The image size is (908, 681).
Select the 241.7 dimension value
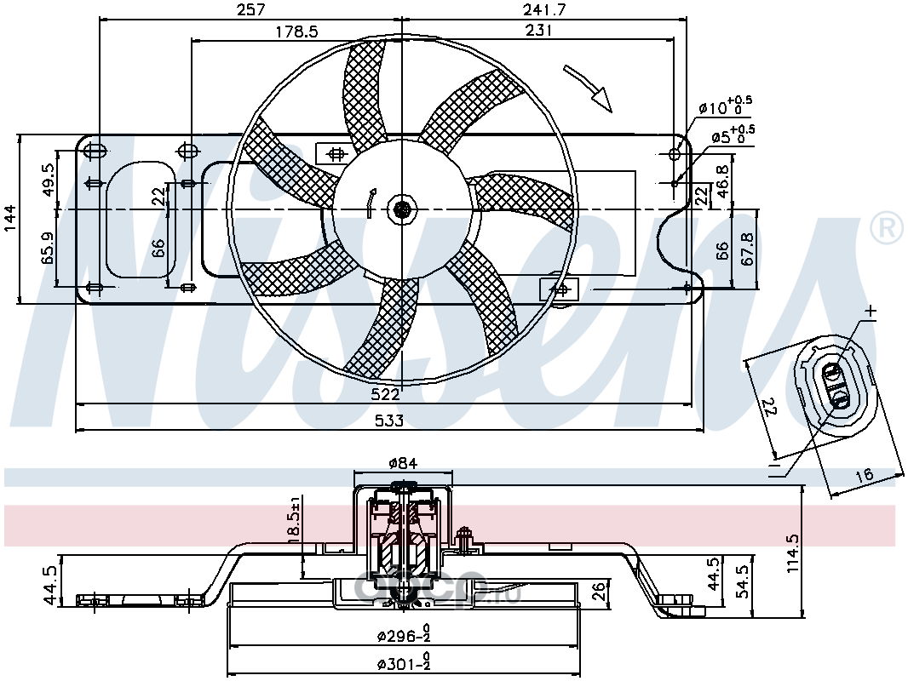tap(545, 9)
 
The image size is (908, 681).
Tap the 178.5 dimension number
tap(296, 31)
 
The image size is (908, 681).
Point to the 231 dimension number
tap(539, 31)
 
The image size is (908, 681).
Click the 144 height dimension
tap(9, 218)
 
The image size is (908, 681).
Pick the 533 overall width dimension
tap(390, 420)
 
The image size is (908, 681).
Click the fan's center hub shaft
tap(400, 208)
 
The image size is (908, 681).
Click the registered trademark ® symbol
tap(886, 227)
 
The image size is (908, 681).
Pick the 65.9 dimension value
tap(48, 248)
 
